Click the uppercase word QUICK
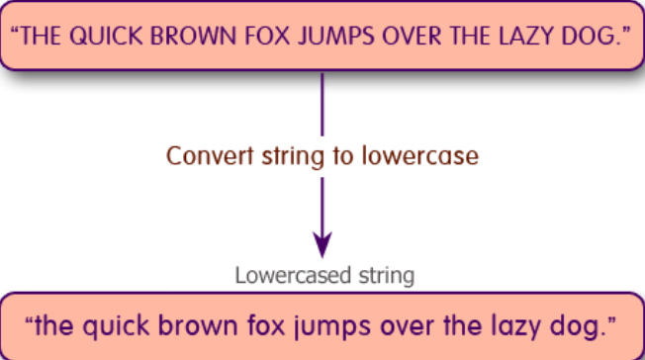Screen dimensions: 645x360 coord(104,37)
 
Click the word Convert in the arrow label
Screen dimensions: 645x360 coord(201,156)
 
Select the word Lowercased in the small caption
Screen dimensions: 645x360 coord(283,274)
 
